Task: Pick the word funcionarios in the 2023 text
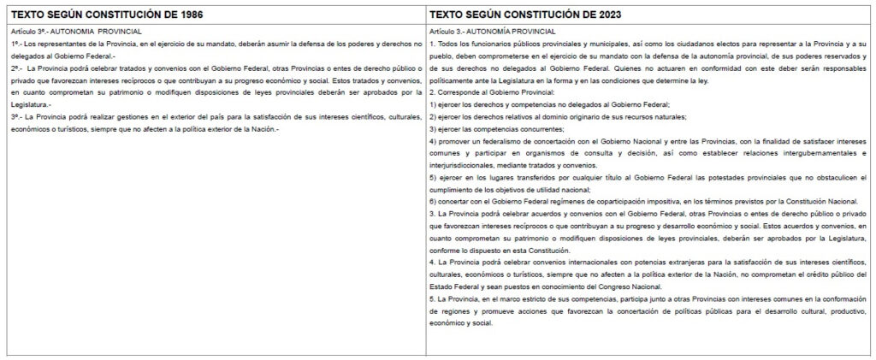pyautogui.click(x=473, y=42)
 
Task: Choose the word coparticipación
pyautogui.click(x=642, y=199)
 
